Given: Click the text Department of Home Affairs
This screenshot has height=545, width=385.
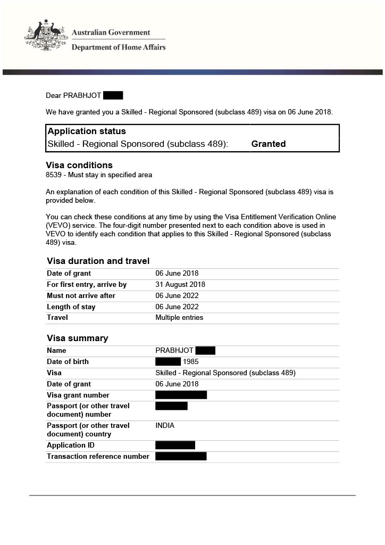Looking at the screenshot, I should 118,47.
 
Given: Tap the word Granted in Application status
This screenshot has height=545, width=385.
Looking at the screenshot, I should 268,144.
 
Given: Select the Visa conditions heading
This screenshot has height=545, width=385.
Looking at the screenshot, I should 79,165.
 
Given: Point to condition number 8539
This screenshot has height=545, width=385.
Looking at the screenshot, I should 54,175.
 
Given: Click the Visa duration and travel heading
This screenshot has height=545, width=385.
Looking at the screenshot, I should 98,261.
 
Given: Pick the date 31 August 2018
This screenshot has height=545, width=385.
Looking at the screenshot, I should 180,285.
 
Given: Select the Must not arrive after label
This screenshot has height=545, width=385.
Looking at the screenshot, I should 81,296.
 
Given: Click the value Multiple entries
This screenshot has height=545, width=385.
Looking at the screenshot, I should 179,318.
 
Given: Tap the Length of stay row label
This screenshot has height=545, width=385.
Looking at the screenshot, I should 71,307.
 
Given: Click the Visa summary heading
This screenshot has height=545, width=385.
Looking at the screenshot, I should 77,338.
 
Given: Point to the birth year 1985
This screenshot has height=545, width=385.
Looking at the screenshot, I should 191,362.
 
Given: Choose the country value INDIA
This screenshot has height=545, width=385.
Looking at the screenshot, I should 165,426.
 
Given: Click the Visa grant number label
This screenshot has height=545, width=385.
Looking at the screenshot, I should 78,395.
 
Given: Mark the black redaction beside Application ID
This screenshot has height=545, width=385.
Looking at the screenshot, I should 175,445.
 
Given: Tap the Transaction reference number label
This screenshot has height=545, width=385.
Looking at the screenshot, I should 98,457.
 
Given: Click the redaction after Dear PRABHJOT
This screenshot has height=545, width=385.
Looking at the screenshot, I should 113,96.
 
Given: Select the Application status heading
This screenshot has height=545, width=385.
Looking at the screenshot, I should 87,131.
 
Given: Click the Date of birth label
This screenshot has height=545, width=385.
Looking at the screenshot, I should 68,362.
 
